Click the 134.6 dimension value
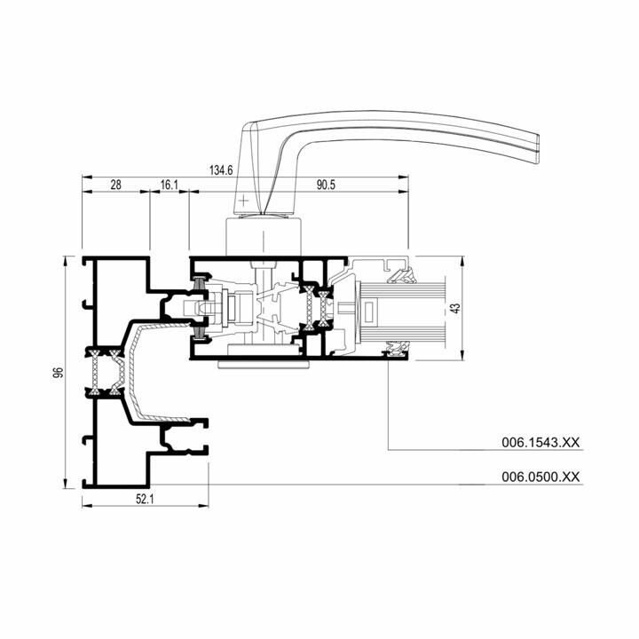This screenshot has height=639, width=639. (221, 170)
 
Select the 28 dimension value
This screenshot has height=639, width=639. (115, 185)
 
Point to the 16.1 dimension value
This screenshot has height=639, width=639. (170, 185)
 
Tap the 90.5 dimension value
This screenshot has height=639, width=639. (326, 185)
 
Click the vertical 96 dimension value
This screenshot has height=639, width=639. (59, 372)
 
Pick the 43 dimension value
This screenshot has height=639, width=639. (456, 308)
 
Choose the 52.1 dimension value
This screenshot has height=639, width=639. (145, 499)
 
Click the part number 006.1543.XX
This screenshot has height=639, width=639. (540, 442)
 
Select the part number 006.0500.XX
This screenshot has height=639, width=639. (540, 477)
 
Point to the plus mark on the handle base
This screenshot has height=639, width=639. (243, 201)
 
